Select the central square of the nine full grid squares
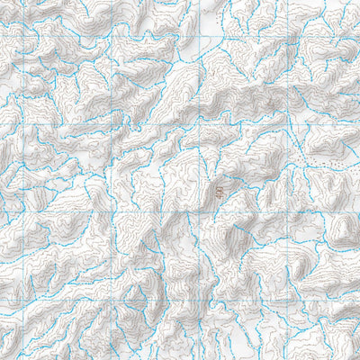point(157,167)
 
